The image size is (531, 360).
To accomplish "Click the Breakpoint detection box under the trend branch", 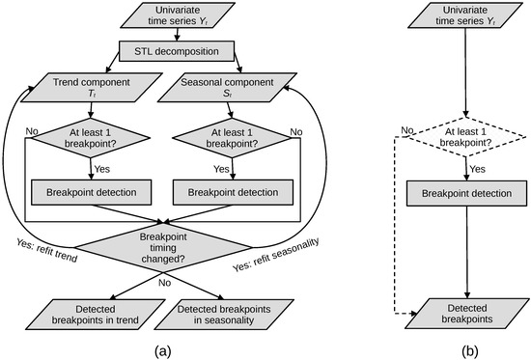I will click(x=92, y=191).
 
